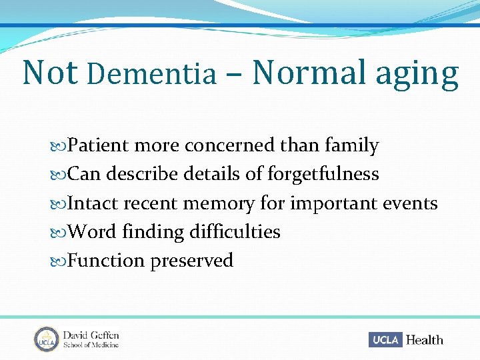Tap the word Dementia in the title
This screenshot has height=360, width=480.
click(152, 75)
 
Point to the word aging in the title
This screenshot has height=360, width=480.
click(417, 75)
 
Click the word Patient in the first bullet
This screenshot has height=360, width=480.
click(99, 145)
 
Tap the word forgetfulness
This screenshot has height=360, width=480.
click(323, 174)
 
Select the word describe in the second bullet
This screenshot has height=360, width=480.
click(137, 175)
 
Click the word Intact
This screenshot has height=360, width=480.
click(93, 203)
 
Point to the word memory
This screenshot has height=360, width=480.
click(219, 203)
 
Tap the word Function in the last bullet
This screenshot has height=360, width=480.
click(106, 260)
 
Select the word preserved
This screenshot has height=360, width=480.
click(191, 261)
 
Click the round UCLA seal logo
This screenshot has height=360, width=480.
click(46, 339)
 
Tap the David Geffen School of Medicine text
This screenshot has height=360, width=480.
click(91, 339)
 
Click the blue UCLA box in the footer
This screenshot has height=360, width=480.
click(385, 339)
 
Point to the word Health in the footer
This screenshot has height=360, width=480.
click(424, 340)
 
